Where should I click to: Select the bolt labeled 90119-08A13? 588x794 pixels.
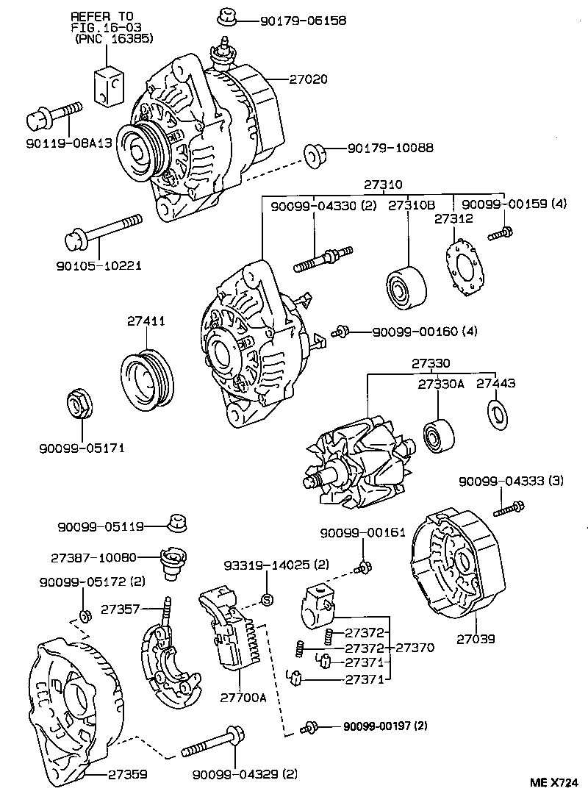(54, 116)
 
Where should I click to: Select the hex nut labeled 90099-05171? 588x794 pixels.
(79, 404)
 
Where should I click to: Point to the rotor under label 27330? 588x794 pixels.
(356, 463)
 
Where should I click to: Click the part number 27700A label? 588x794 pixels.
(244, 698)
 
